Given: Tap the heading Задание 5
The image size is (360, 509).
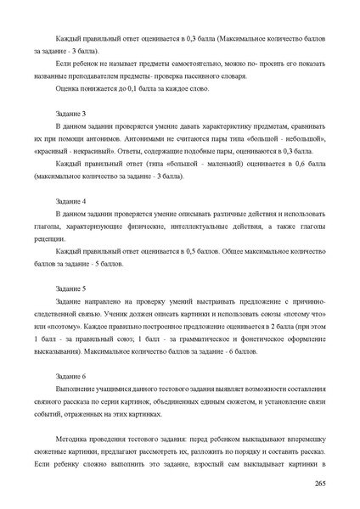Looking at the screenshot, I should pyautogui.click(x=70, y=288).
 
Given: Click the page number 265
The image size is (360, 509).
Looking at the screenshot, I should pyautogui.click(x=320, y=483).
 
